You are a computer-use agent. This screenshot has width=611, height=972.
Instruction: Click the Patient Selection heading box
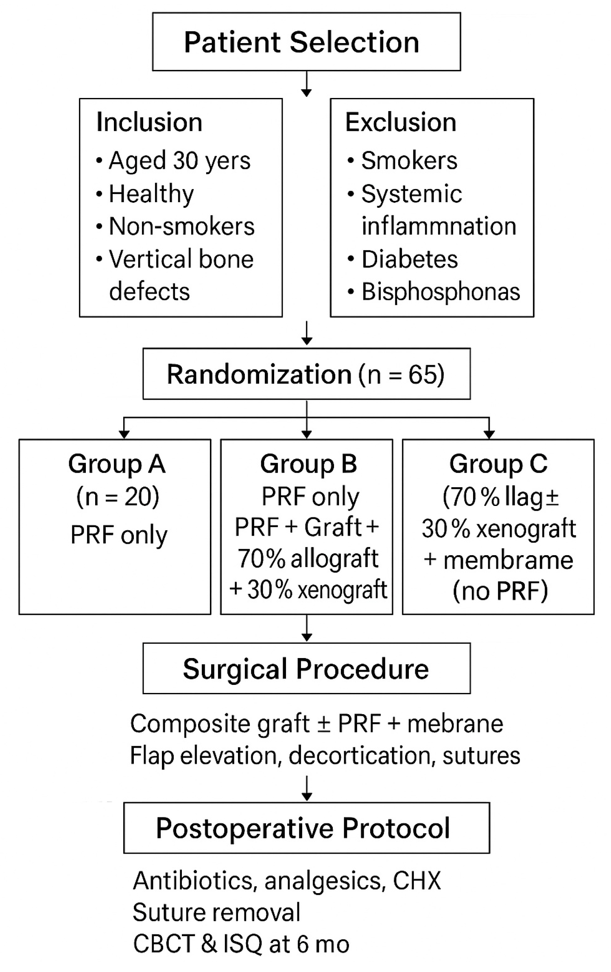pos(306,42)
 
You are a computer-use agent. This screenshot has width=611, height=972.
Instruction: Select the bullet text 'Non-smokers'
pos(181,226)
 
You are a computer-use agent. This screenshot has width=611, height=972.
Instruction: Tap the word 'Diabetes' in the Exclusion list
pos(410,259)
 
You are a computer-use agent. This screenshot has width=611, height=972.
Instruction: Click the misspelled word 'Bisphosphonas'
pos(441,292)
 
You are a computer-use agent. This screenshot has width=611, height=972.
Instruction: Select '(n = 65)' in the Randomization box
pos(401,374)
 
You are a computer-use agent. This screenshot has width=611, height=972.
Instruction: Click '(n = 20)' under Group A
pos(118,497)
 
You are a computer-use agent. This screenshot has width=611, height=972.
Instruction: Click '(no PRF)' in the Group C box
pos(500,591)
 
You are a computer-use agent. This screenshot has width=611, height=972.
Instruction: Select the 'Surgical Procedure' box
pos(306,669)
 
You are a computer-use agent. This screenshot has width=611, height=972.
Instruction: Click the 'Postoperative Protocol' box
pos(306,828)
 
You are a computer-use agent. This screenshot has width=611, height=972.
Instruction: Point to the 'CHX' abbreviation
pos(417,880)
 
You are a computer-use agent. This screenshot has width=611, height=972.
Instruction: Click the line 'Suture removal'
pos(216,912)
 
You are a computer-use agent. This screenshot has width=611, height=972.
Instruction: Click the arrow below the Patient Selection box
pos(306,85)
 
